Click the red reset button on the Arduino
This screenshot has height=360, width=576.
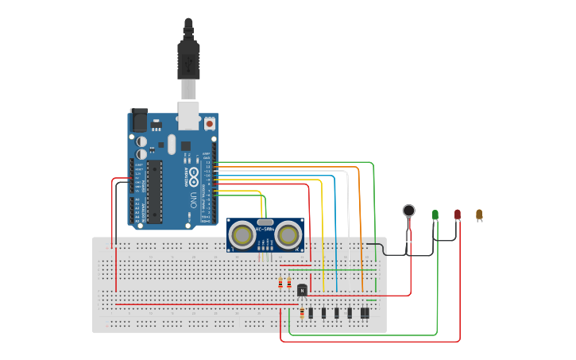pos(210,124)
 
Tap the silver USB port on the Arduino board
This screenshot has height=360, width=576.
pos(188,114)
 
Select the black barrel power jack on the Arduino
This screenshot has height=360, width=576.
pos(139,120)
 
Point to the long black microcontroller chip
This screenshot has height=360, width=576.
pos(155,191)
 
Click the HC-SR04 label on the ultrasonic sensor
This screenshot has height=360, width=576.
pos(265,230)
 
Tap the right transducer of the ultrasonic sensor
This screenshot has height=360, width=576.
pos(289,235)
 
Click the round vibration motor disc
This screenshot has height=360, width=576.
pos(408,211)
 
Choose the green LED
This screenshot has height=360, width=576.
pos(435,215)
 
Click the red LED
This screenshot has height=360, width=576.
pos(458,214)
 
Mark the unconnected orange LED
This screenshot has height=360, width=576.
pos(479,214)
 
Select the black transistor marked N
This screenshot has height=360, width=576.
pos(302,290)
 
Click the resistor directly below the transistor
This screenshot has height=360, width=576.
pos(302,313)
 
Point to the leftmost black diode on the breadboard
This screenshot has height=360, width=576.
pos(311,313)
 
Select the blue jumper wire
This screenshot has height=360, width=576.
pos(336,230)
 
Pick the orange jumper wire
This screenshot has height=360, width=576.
pos(361,223)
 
